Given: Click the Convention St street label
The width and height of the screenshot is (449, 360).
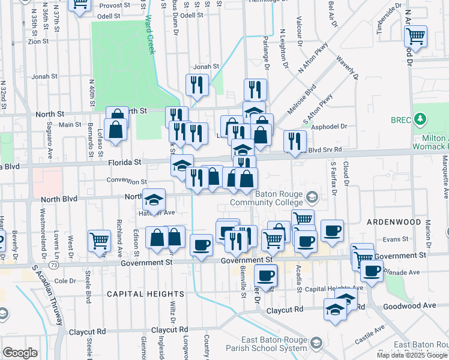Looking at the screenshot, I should (x=126, y=181).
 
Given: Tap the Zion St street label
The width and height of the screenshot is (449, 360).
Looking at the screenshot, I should (x=38, y=41).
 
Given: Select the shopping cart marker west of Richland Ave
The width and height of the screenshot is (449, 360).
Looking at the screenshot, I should (x=99, y=241).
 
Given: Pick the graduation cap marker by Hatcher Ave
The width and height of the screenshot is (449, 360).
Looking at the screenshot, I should (x=154, y=200).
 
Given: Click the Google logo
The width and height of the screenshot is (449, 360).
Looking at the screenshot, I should (x=20, y=353).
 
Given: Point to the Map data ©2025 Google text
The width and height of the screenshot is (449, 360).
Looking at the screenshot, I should (x=411, y=355).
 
